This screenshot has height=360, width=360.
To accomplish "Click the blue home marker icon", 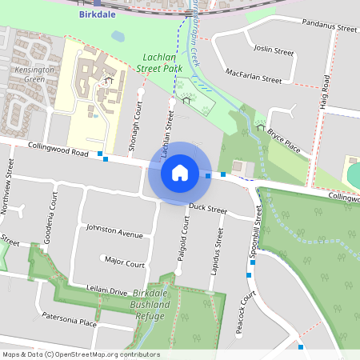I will coord(180,172).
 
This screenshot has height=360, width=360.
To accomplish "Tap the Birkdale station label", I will coord(97,14).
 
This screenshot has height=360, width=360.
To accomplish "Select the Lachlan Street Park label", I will coord(160,63).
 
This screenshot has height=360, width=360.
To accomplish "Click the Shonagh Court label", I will coord(137,126).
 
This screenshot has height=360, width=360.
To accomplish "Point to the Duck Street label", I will coord(208,211).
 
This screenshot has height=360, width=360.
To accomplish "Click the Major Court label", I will coord(125,262).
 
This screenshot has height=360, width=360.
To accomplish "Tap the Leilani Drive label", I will coord(106,290).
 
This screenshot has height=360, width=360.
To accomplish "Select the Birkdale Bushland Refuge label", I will coord(151,305).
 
